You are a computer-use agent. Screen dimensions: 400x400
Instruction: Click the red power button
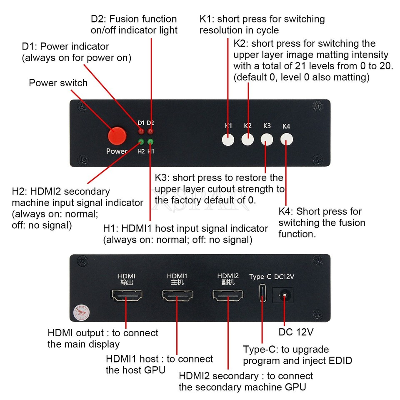coord(117,135)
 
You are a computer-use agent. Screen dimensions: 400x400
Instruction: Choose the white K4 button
coord(286,140)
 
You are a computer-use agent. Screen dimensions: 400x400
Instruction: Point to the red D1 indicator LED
coord(141,132)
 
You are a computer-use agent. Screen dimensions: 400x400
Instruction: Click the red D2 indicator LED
coord(150,132)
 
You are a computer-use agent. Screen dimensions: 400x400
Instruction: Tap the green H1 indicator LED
coord(150,141)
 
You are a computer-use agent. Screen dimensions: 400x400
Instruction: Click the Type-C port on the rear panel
coord(261,293)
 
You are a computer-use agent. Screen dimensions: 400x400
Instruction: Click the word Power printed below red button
coord(117,151)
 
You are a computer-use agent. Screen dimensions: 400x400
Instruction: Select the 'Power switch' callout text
coord(58,82)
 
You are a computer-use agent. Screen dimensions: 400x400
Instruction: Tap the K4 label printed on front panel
coord(286,126)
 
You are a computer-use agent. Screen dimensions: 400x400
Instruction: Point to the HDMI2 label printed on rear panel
coord(228,276)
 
